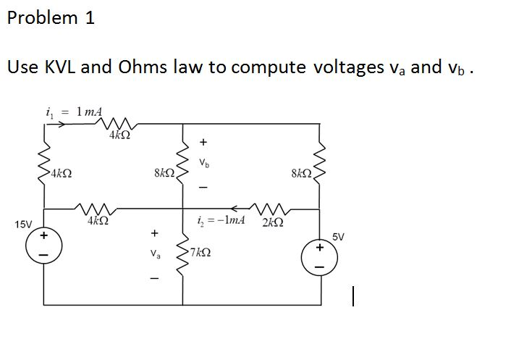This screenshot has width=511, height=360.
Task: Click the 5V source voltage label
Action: [339, 236]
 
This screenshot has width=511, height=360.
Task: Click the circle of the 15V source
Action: [43, 248]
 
